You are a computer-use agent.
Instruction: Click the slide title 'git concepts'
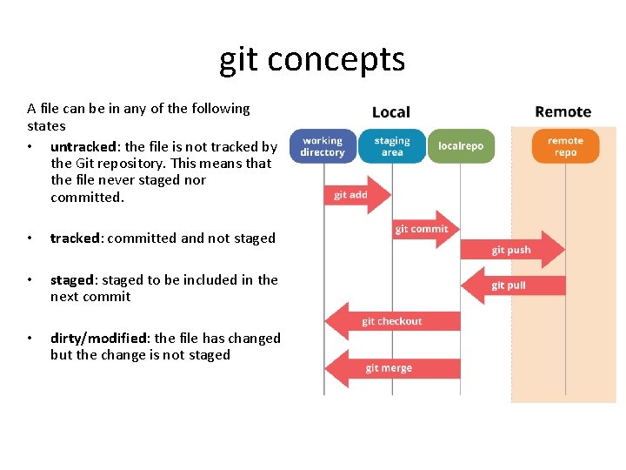[312, 59]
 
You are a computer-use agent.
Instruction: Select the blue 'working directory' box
[322, 146]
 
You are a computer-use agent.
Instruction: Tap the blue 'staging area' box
[392, 146]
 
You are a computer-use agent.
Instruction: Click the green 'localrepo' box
[461, 146]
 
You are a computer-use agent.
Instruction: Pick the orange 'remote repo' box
[565, 146]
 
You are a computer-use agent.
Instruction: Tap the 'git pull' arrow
[513, 285]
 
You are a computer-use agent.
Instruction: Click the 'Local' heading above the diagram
[390, 112]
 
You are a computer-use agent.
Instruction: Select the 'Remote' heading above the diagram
[563, 112]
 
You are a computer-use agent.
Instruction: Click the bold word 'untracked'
[83, 146]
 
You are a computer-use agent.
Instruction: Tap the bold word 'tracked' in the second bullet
[76, 238]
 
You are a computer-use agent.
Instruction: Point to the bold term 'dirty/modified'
[99, 338]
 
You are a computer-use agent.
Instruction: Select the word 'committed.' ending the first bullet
[88, 197]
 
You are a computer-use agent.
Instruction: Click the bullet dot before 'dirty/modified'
[30, 338]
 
